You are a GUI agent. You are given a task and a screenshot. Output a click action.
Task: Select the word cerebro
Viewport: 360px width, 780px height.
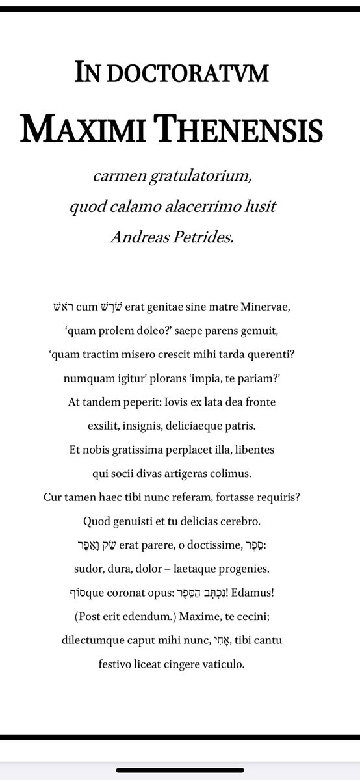(x=255, y=521)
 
